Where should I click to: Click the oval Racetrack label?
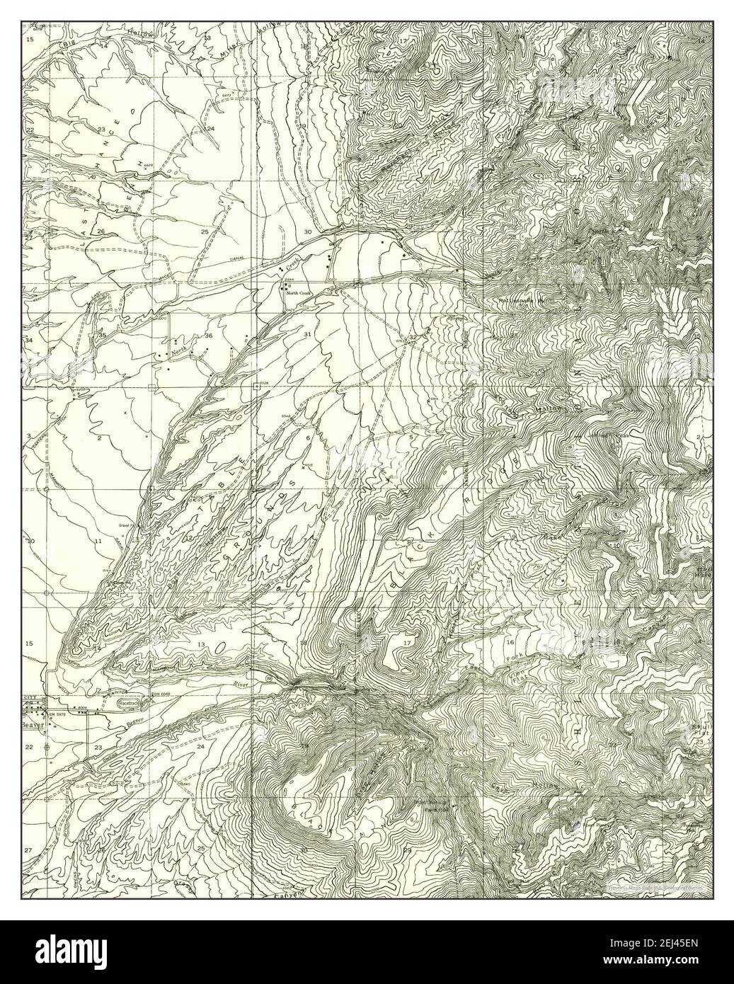click(130, 704)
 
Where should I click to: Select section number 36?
click(208, 335)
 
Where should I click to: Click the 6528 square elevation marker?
click(256, 386)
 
